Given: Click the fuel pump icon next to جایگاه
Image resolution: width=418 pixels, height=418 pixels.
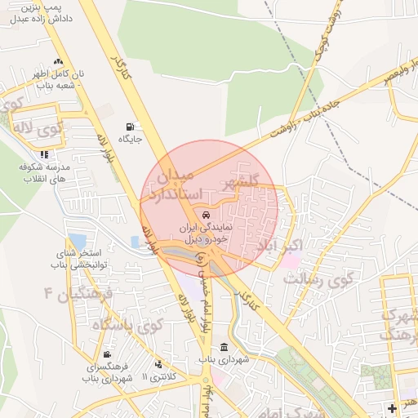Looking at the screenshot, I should [130, 127].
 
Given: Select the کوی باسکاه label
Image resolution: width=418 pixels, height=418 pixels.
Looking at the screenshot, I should [128, 324].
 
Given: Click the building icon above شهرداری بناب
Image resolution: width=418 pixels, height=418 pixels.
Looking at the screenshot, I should [224, 349].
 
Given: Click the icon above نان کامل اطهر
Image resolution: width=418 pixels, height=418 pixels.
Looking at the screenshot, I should [57, 63].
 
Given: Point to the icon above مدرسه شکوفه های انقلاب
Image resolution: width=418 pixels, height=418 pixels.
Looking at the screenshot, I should [44, 153].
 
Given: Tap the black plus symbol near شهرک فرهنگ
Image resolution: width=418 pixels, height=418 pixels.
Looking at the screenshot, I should [393, 407].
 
